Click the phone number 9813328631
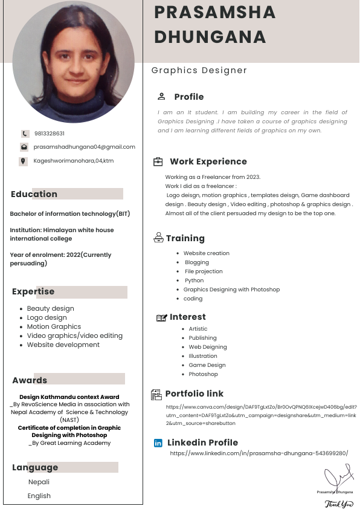point(50,134)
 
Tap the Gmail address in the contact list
point(84,147)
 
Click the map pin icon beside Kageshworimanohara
point(24,161)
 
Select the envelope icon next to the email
point(24,147)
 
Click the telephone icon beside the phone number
point(25,134)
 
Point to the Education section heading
point(34,194)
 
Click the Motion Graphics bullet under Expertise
point(54,326)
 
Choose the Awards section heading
point(30,380)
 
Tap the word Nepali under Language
point(39,482)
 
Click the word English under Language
point(39,496)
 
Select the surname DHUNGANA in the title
point(210,36)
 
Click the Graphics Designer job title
point(199,70)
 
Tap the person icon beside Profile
point(161,96)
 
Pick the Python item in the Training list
point(194,280)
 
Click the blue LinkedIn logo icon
point(158,443)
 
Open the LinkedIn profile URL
point(259,453)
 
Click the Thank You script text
point(339,504)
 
